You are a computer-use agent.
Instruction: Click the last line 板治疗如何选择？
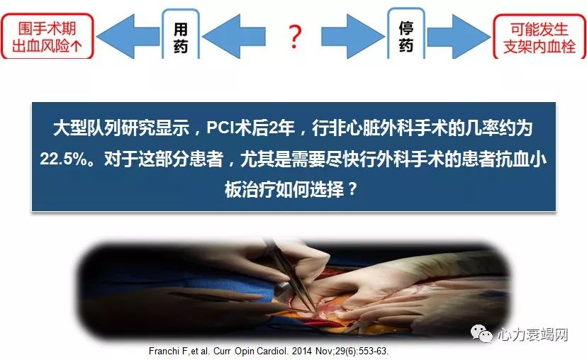pos(293,190)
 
